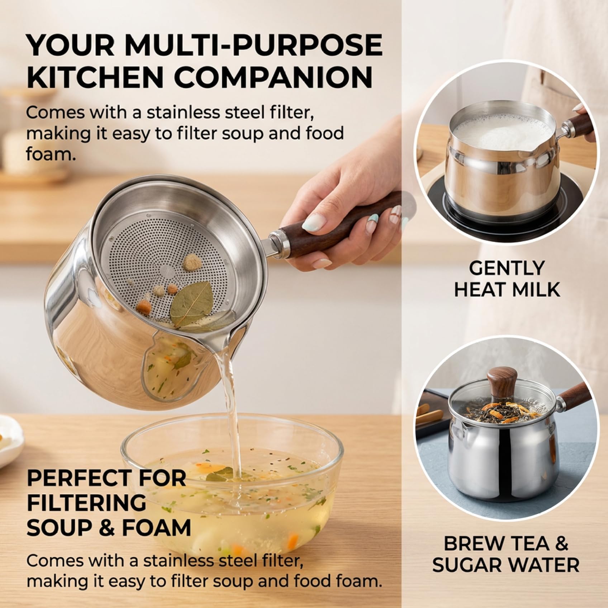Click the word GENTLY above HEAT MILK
507,268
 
